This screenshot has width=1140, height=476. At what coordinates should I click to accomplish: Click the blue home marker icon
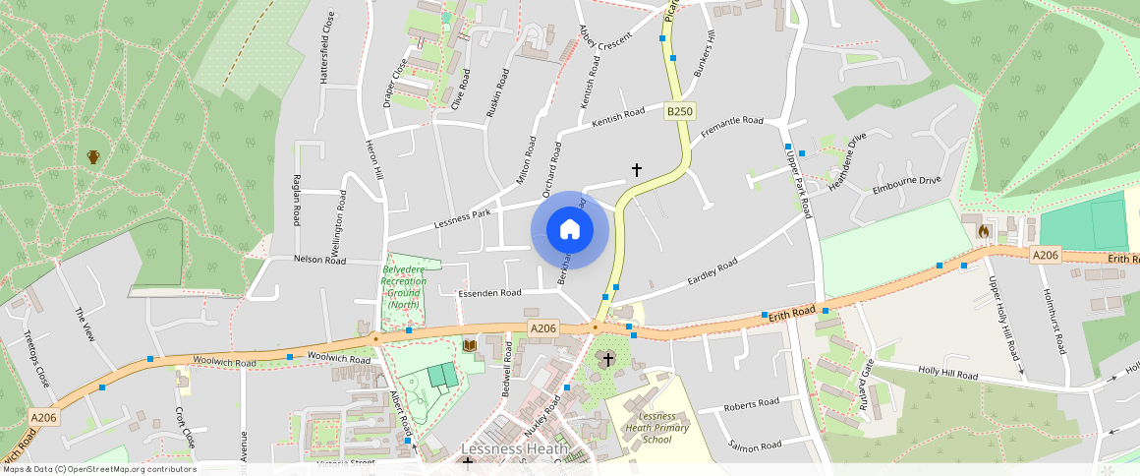click(x=570, y=230)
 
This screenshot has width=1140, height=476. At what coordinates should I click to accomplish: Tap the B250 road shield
click(x=680, y=112)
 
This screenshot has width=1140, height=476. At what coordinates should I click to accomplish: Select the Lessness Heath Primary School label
click(x=657, y=420)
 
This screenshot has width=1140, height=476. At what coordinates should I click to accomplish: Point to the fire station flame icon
click(x=983, y=230)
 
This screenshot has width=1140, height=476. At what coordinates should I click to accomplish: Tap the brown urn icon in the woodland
click(x=93, y=156)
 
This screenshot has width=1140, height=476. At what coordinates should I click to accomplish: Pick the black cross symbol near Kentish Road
click(x=636, y=170)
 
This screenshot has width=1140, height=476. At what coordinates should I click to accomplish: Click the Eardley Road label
click(x=712, y=268)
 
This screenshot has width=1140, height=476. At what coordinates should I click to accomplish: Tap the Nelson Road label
click(x=320, y=260)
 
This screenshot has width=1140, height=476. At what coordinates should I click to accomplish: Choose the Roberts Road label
click(x=751, y=403)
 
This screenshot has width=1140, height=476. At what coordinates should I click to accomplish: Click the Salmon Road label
click(x=754, y=445)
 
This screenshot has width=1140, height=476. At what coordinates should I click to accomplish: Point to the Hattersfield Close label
click(x=329, y=47)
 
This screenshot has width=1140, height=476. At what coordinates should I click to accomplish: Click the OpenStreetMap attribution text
click(x=99, y=469)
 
